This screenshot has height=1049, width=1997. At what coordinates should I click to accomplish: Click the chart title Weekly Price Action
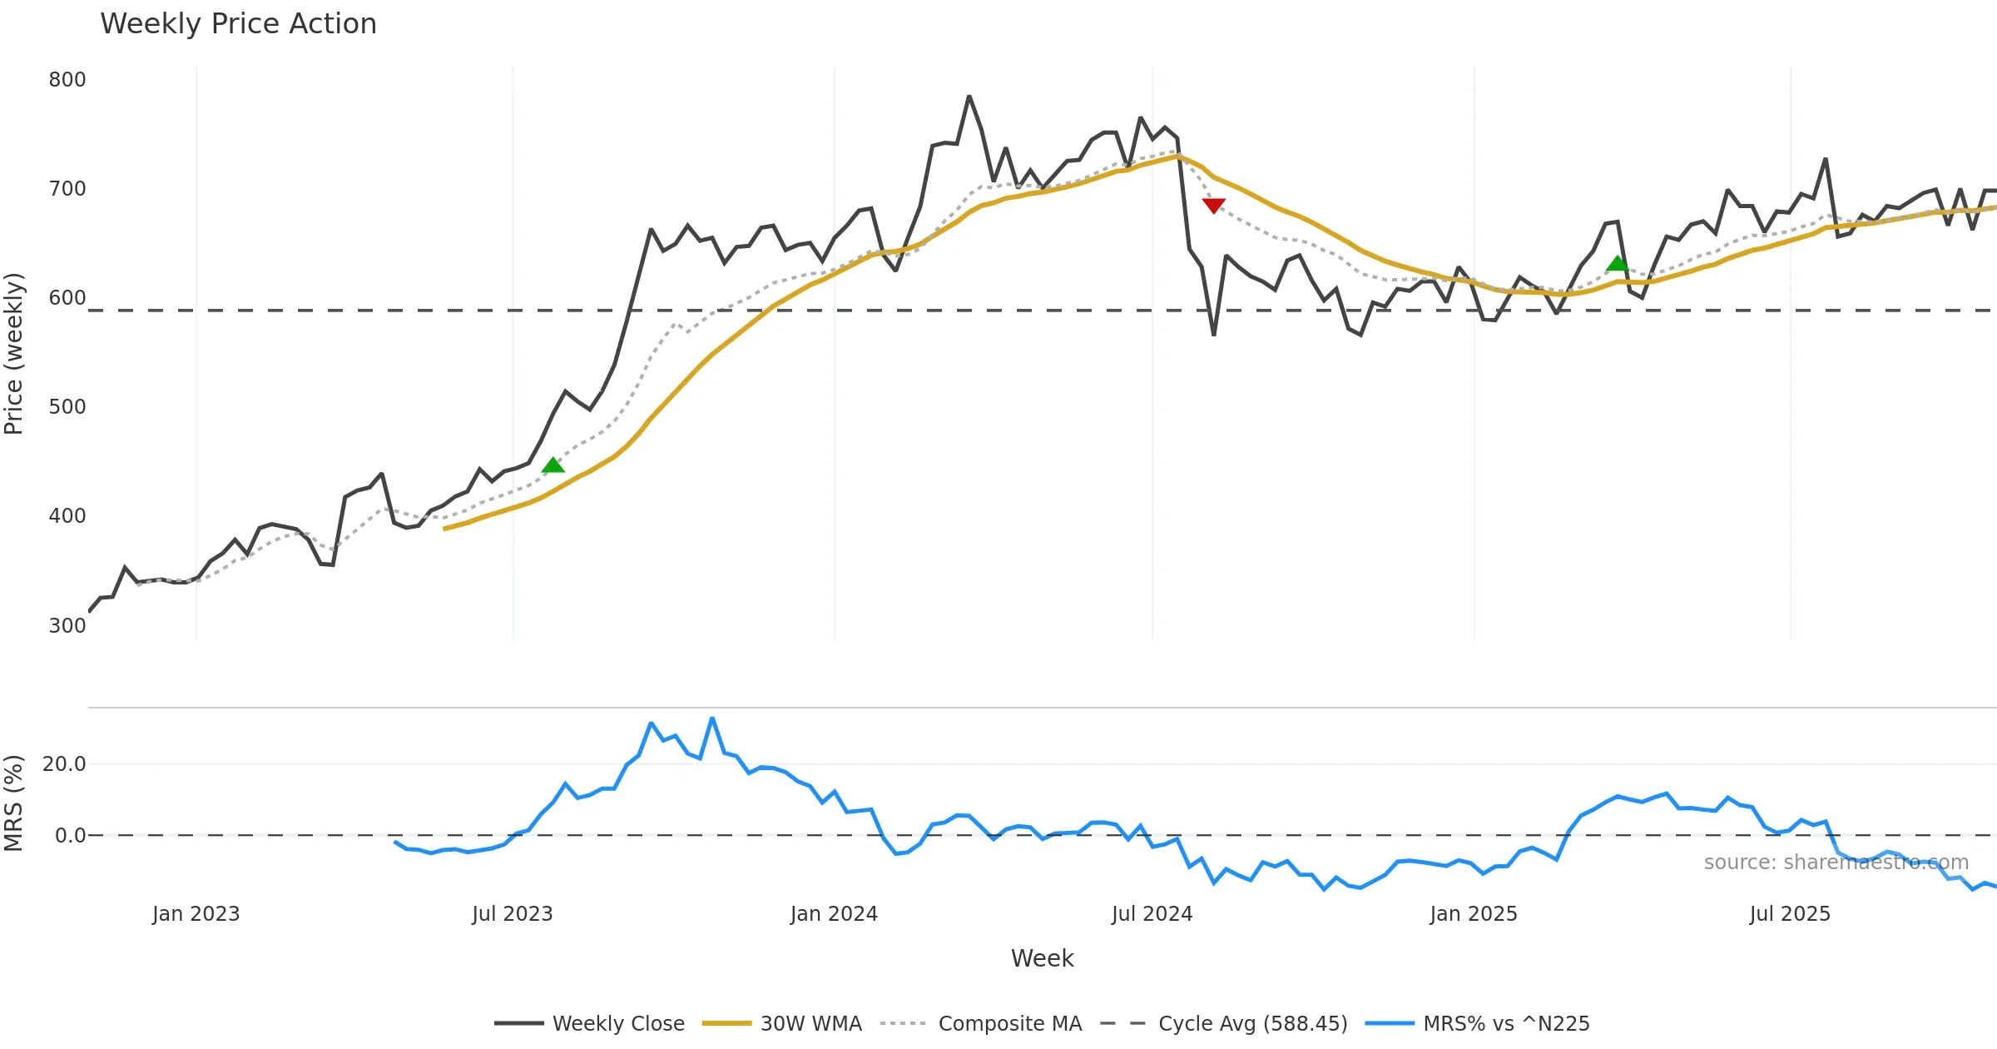pyautogui.click(x=238, y=24)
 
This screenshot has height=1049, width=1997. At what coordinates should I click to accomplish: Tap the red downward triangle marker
pyautogui.click(x=1213, y=205)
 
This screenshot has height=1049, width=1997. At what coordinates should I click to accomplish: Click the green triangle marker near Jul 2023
pyautogui.click(x=553, y=465)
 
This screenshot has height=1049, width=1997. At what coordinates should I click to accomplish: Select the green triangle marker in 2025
pyautogui.click(x=1617, y=263)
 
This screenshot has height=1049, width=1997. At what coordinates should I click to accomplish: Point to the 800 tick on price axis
pyautogui.click(x=67, y=80)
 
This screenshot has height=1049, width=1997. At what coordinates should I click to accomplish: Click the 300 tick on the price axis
pyautogui.click(x=67, y=625)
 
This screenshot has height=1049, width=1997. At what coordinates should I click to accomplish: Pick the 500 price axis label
pyautogui.click(x=67, y=407)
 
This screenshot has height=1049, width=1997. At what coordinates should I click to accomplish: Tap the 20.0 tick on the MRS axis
pyautogui.click(x=64, y=764)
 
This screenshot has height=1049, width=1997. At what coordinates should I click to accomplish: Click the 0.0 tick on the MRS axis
pyautogui.click(x=70, y=835)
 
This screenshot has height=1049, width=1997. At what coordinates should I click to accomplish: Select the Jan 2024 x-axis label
pyautogui.click(x=834, y=914)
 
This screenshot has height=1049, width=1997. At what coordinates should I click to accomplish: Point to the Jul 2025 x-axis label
pyautogui.click(x=1790, y=914)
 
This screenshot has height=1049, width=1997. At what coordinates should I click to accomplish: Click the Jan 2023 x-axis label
pyautogui.click(x=196, y=914)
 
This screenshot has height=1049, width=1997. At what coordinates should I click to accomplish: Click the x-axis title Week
pyautogui.click(x=1042, y=958)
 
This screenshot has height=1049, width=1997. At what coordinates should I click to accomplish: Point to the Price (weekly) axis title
pyautogui.click(x=14, y=354)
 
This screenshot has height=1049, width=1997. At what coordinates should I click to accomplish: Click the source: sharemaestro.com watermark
pyautogui.click(x=1836, y=863)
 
